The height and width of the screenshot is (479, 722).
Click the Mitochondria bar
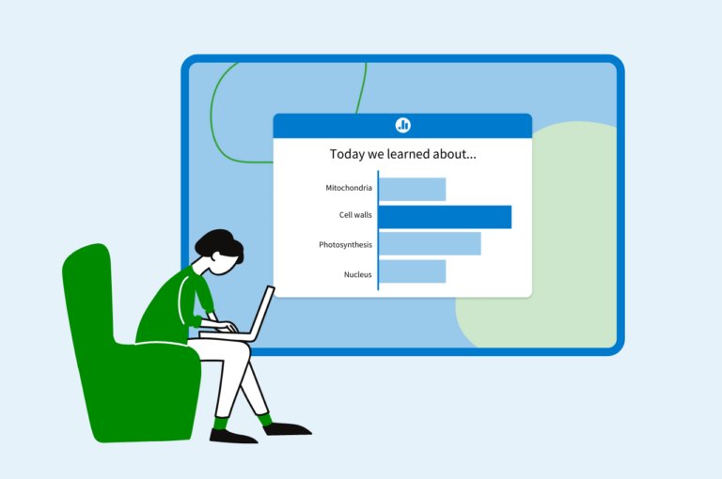(412, 189)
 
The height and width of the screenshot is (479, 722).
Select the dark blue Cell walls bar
(445, 216)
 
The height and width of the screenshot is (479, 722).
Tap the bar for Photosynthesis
(430, 244)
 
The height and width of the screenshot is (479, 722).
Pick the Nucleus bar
(412, 272)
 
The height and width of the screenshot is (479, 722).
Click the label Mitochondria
(349, 188)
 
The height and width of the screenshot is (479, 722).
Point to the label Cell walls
(355, 215)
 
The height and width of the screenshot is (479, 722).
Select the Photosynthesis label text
(345, 245)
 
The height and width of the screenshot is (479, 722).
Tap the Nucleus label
(357, 274)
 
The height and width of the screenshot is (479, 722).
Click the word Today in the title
(347, 154)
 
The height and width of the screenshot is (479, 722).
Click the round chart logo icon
(402, 125)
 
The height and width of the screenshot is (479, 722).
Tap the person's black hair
(218, 243)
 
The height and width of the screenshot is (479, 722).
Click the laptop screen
(262, 312)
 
